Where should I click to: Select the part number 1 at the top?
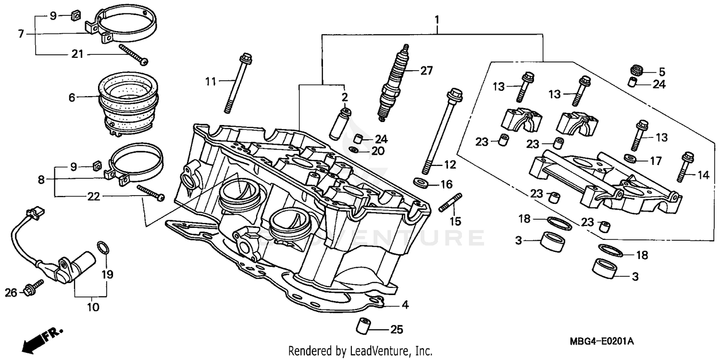(436, 20)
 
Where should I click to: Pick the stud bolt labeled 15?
(450, 202)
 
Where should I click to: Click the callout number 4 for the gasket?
(405, 305)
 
